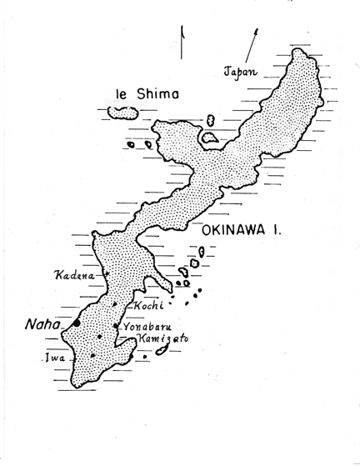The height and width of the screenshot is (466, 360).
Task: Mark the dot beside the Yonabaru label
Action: coord(115,326)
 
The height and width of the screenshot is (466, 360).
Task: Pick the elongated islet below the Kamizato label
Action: coord(162,351)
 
